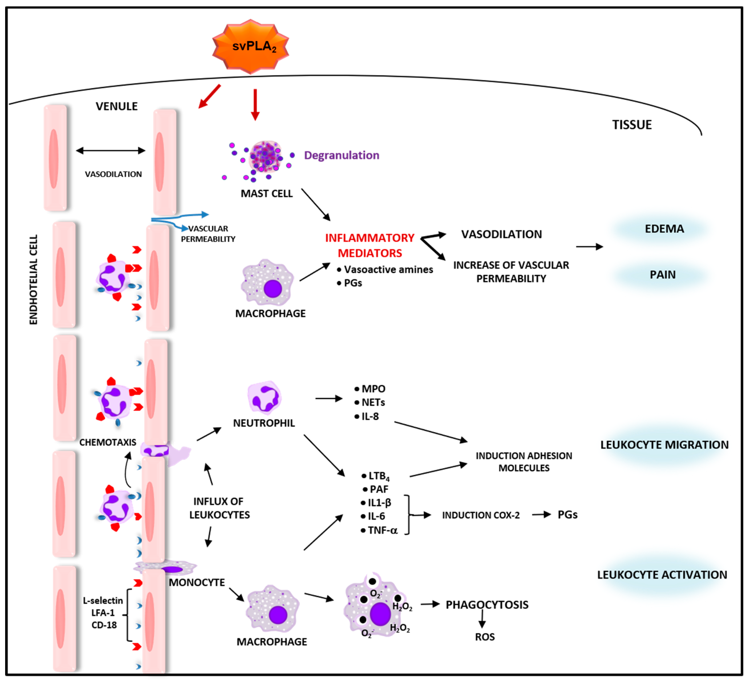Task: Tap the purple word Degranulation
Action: click(341, 155)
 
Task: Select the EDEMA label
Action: click(664, 229)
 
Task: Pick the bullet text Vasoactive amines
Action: click(388, 270)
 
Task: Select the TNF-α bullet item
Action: click(382, 530)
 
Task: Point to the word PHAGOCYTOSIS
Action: click(487, 605)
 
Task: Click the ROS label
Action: click(485, 637)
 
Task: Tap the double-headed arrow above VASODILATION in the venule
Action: click(111, 150)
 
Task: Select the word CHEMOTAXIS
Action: click(108, 442)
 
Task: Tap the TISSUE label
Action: click(632, 125)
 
